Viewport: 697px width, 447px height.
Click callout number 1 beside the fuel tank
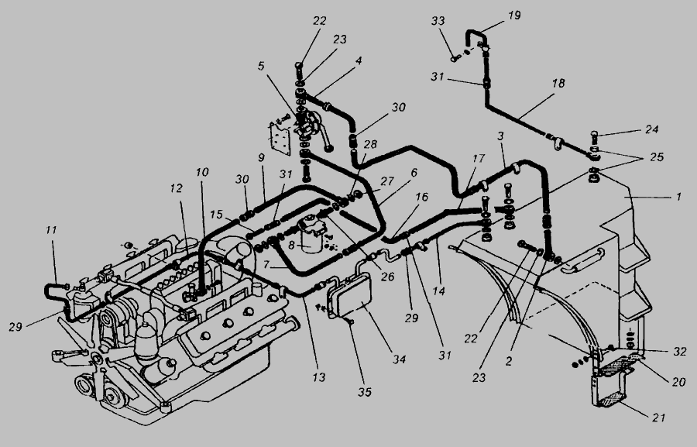(x=678, y=197)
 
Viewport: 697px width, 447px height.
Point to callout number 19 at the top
(x=493, y=15)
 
